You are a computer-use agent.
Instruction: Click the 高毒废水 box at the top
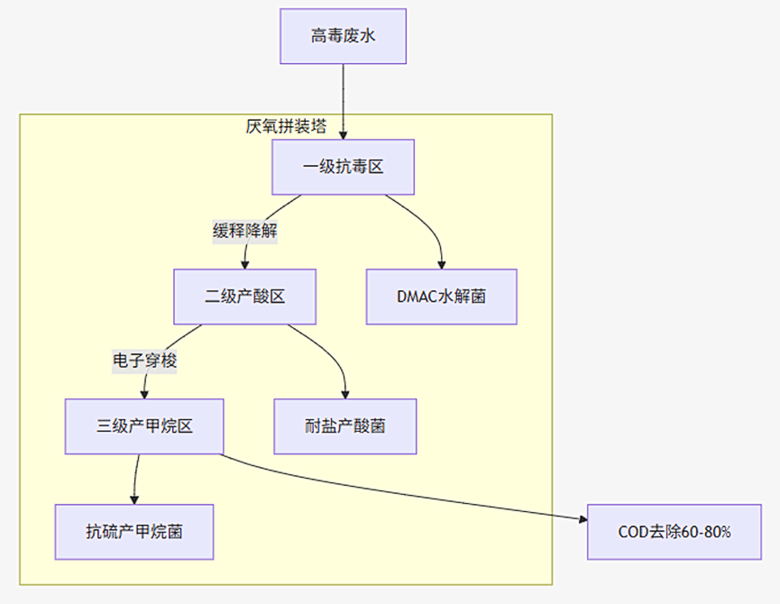343,36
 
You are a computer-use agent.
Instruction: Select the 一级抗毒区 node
343,167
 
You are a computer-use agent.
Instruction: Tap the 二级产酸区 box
244,297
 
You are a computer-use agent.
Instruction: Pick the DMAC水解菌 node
441,297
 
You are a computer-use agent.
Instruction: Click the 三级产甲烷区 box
144,426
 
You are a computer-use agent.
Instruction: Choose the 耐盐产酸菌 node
344,426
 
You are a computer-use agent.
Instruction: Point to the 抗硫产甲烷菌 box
134,532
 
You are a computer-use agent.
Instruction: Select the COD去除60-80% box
674,532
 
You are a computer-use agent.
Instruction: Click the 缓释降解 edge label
244,232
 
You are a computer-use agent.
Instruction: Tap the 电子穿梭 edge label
144,361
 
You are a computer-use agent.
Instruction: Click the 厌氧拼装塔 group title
286,126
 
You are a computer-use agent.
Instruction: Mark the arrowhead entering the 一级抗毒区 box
343,134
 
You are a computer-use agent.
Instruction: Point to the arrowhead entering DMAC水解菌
441,264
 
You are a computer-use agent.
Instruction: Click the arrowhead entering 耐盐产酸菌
344,394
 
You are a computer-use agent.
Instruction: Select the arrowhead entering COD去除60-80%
582,518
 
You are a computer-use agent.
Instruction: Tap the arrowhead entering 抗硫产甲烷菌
134,499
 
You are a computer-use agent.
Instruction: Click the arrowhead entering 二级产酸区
244,264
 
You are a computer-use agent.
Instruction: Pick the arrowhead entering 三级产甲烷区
144,394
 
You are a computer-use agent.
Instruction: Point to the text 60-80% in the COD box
706,532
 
